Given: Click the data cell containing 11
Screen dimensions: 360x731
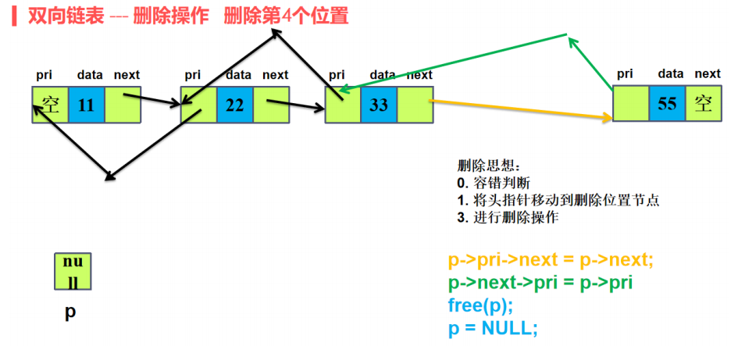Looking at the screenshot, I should pyautogui.click(x=86, y=105).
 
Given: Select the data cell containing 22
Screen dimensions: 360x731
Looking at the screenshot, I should pyautogui.click(x=235, y=105).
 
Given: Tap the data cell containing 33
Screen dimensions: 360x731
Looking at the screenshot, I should pyautogui.click(x=379, y=105).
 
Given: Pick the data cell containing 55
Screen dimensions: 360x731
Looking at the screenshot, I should pyautogui.click(x=667, y=104).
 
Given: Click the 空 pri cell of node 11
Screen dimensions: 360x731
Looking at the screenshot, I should pyautogui.click(x=51, y=105).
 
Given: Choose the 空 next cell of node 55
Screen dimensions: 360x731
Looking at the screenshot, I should pyautogui.click(x=704, y=104).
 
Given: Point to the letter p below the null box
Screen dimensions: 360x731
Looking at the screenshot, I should pyautogui.click(x=70, y=312).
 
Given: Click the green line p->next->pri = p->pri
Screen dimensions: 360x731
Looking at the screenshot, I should pyautogui.click(x=540, y=283).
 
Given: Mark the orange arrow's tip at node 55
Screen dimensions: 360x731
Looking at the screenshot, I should pyautogui.click(x=610, y=118).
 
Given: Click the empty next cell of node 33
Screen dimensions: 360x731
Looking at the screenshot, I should pyautogui.click(x=415, y=105).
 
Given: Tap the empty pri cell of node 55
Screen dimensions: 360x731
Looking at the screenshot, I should pyautogui.click(x=630, y=104).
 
